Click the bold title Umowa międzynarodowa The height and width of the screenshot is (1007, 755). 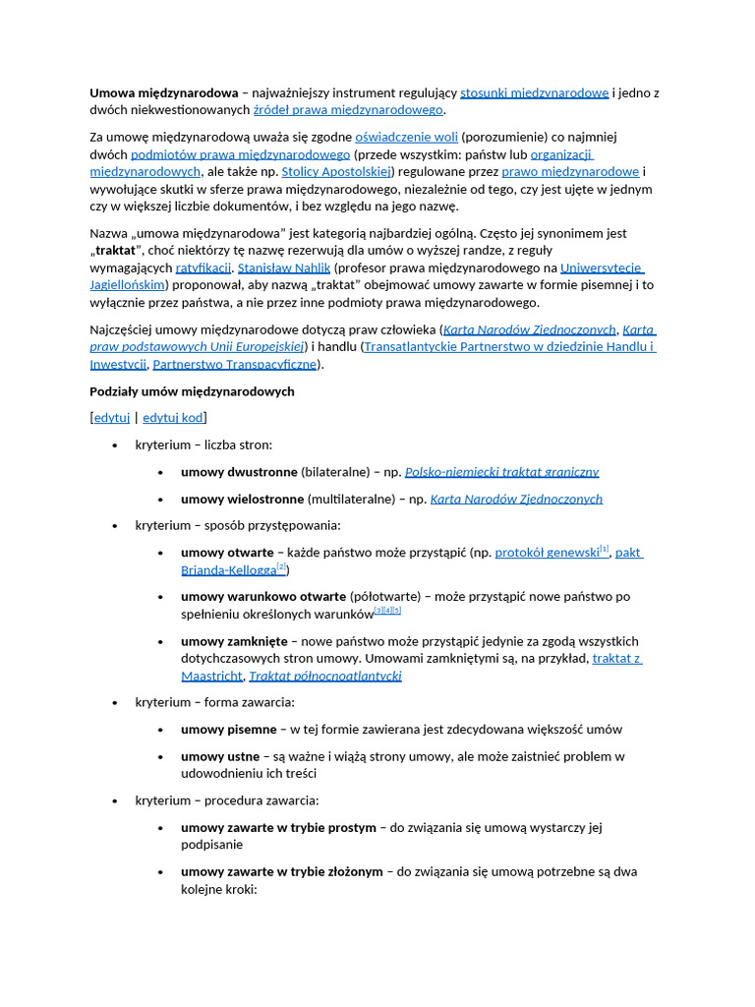click(164, 93)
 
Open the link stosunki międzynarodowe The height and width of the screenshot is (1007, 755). click(534, 93)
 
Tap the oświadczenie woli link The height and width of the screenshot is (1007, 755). click(406, 138)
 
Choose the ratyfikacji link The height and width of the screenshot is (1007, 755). click(203, 267)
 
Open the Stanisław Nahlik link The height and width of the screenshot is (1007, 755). click(283, 267)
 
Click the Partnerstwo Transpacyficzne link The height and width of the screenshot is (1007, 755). click(235, 364)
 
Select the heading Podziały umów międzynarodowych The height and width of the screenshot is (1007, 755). click(192, 391)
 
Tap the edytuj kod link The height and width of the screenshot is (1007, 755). click(172, 418)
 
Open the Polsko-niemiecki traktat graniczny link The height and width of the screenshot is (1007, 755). click(501, 472)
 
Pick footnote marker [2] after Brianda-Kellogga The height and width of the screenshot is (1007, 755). click(281, 567)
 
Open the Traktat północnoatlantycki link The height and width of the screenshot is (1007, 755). click(324, 676)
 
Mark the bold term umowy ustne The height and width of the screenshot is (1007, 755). click(220, 756)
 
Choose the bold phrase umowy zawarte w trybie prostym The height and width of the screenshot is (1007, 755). click(278, 827)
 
